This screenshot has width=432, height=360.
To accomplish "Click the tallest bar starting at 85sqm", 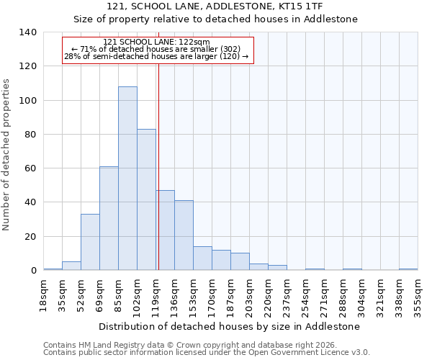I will (127, 179).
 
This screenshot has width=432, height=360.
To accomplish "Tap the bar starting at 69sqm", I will (109, 218).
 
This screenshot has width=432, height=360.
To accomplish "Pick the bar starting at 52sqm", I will (90, 242).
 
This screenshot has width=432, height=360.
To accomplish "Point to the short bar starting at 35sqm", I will (71, 266).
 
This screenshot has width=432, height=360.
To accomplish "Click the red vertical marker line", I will (158, 166).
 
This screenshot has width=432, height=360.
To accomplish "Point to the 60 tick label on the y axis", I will (30, 168).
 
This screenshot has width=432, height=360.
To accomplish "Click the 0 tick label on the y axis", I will (33, 271).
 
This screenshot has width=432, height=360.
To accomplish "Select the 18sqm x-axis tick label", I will (44, 296).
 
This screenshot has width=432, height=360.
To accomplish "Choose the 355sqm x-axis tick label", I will (418, 296).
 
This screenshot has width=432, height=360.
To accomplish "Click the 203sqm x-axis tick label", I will (249, 296).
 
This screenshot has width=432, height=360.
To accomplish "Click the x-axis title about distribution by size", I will (230, 326).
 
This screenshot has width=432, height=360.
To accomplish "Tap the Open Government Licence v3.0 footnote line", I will (207, 353).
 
